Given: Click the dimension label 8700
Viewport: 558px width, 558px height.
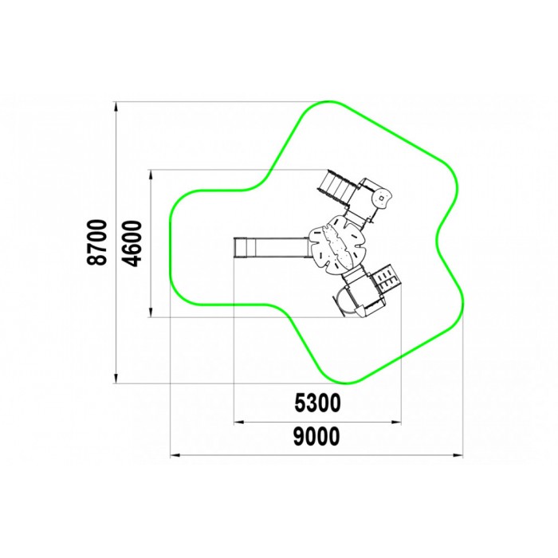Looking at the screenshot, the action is click(96, 242).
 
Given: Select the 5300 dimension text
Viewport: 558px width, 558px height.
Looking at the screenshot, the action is click(317, 403).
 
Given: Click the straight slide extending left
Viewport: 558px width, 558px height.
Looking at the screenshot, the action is click(271, 247).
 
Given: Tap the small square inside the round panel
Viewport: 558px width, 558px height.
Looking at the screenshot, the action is click(381, 198).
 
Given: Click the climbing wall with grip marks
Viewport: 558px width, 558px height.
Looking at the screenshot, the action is click(387, 277).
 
